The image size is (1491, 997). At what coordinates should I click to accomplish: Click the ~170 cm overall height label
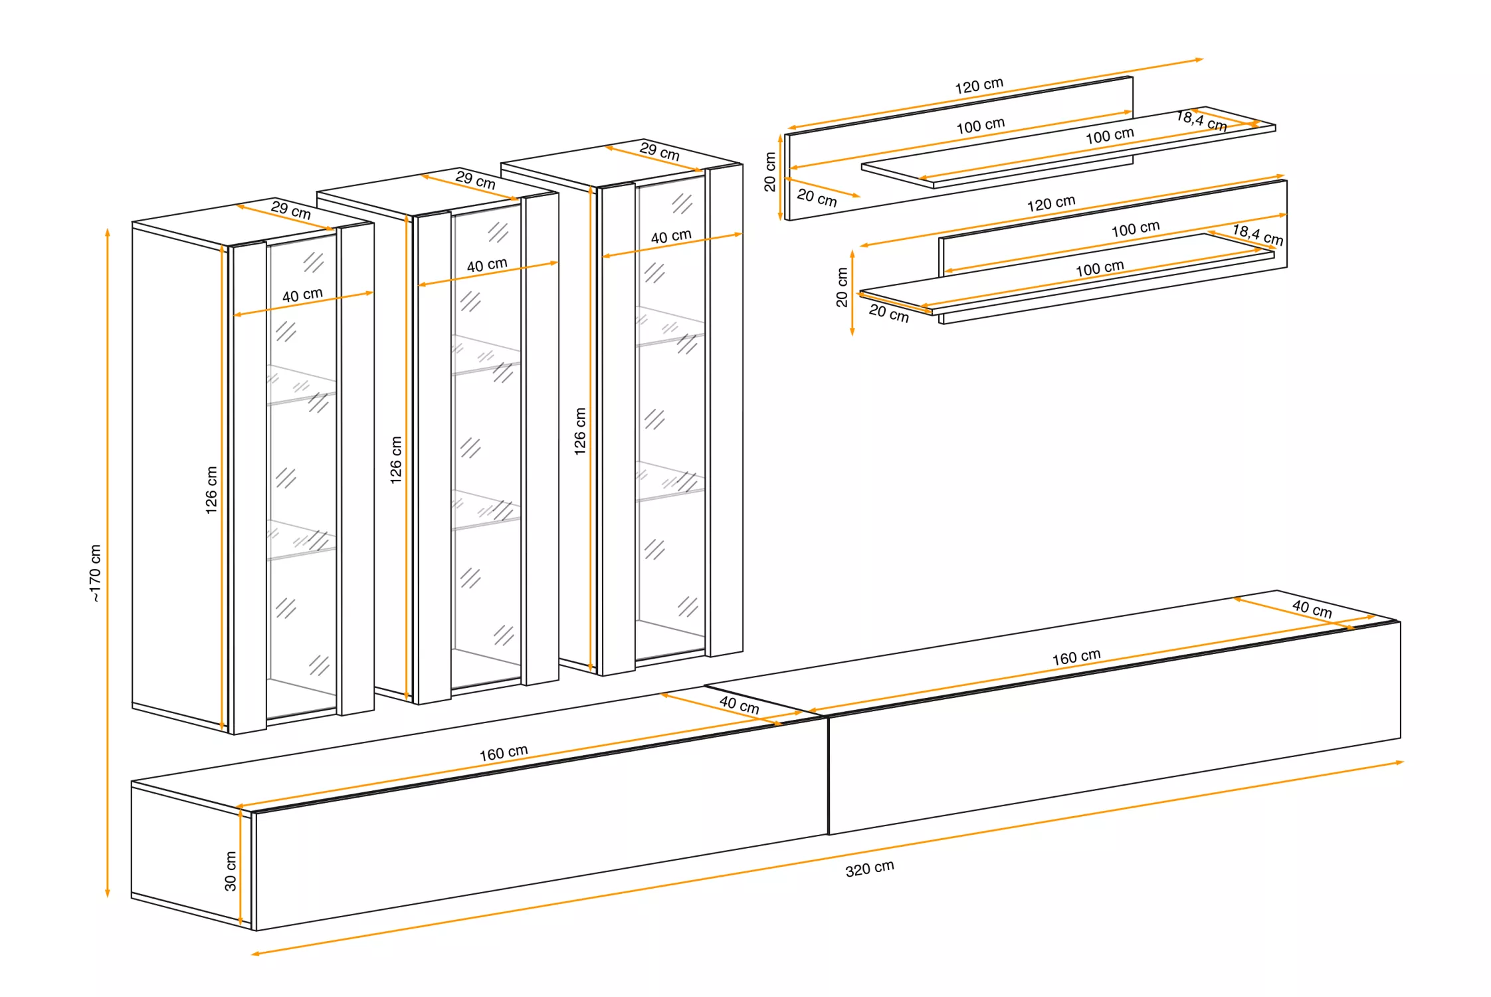(96, 573)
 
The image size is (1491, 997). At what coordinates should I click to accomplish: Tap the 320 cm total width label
(869, 868)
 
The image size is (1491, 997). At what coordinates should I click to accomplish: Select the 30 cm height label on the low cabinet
(230, 871)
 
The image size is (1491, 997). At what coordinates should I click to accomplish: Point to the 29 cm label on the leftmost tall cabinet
(290, 209)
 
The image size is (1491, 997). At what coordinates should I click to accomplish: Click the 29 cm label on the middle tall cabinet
(475, 179)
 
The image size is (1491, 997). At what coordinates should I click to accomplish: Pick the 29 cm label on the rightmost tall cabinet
(659, 151)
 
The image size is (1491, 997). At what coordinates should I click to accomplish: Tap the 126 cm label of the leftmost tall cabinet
(211, 490)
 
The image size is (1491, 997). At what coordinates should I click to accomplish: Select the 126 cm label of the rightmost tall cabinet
(580, 431)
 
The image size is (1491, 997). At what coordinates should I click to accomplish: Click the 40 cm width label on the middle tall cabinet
(486, 265)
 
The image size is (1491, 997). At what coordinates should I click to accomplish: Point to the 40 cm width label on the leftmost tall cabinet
(302, 295)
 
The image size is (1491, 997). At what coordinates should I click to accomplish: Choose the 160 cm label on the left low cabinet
(503, 752)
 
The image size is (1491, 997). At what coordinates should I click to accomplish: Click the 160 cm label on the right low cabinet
(1076, 657)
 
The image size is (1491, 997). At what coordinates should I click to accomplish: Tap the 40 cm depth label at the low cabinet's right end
(1312, 608)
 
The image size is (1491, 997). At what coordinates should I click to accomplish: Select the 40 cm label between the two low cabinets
(739, 705)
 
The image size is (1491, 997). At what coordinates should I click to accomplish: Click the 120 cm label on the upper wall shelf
(979, 85)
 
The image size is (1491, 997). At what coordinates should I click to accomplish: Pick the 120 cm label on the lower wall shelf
(1050, 203)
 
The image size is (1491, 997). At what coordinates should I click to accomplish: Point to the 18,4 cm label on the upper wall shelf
(1201, 121)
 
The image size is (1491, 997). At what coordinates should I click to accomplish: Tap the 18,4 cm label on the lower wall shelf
(1257, 235)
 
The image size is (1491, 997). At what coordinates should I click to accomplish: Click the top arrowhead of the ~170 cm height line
(108, 232)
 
